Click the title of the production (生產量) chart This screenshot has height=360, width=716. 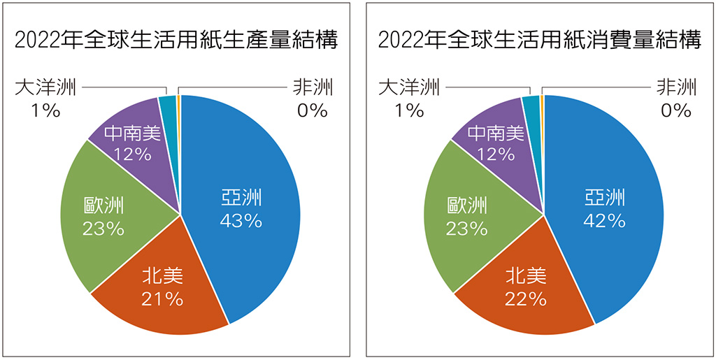(x=176, y=40)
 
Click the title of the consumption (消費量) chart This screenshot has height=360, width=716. (x=539, y=40)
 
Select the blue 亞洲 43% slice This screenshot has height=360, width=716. (x=252, y=175)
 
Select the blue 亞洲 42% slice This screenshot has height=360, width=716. (x=615, y=175)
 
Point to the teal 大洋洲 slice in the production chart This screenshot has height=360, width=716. (x=168, y=103)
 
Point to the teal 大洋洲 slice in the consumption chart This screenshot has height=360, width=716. (x=531, y=103)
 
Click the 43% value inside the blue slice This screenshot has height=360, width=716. (x=241, y=221)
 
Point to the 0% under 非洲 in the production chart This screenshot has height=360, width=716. (x=312, y=110)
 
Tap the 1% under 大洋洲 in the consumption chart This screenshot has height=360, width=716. (x=408, y=110)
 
